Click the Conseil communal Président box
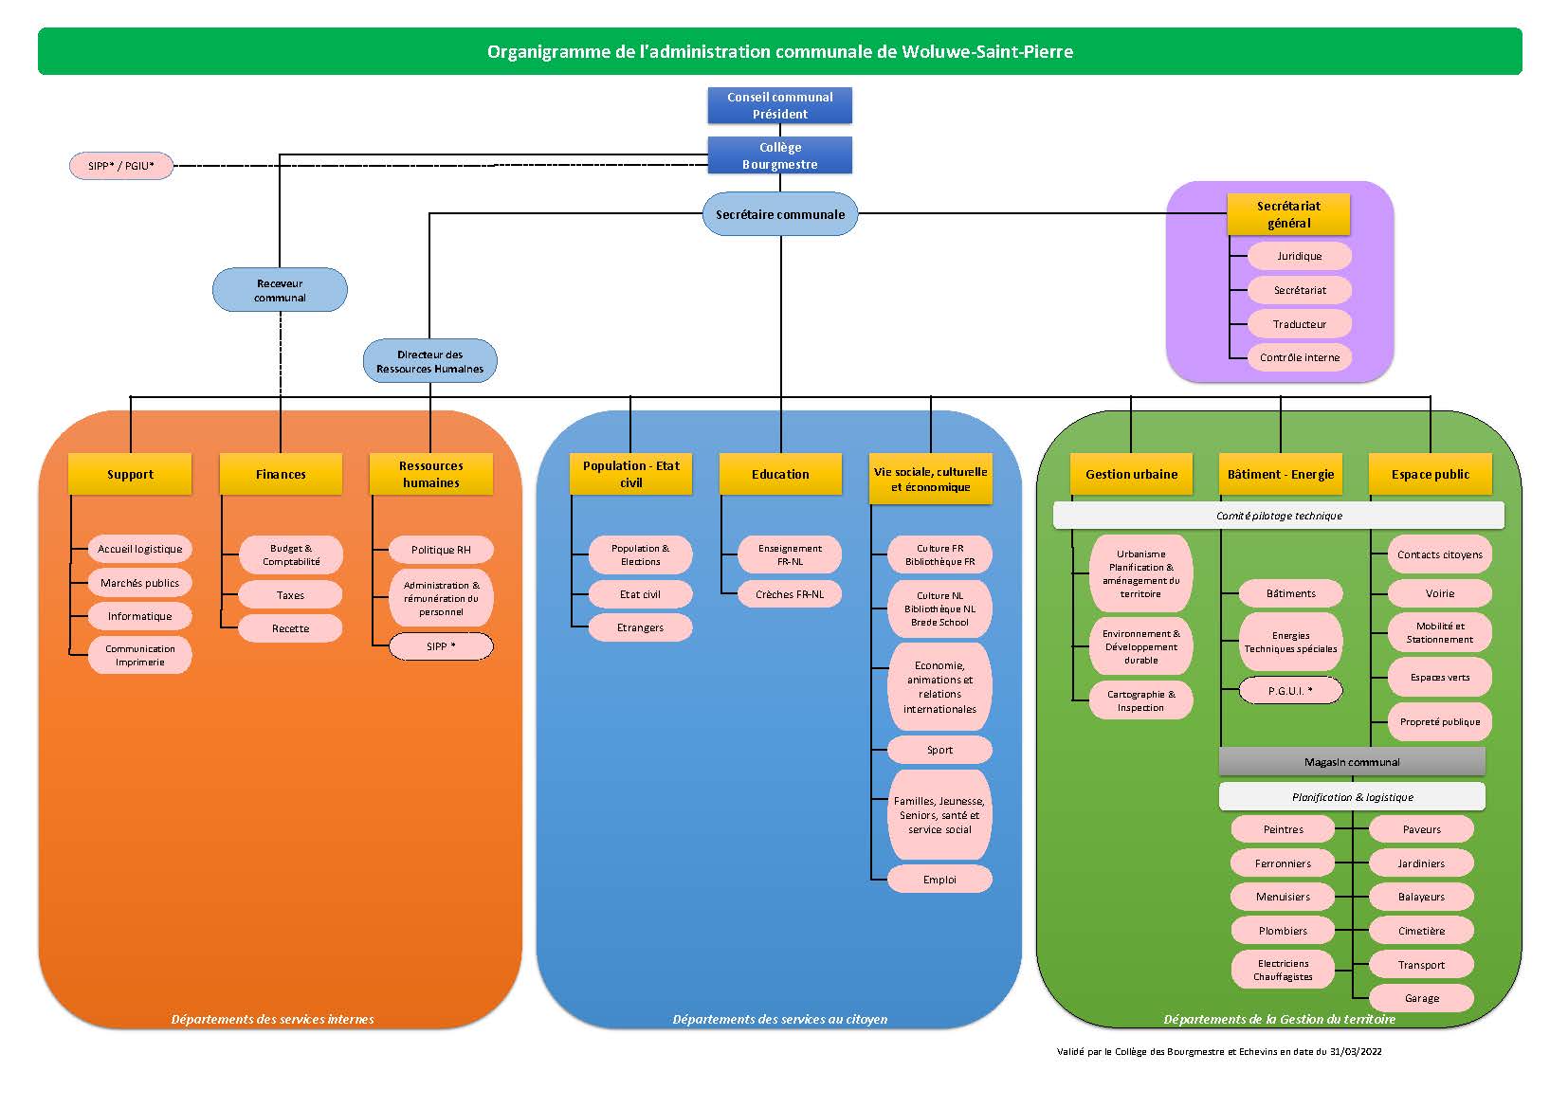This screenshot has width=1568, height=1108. [780, 106]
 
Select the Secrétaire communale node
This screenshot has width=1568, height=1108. [780, 214]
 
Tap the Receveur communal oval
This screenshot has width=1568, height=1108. [280, 290]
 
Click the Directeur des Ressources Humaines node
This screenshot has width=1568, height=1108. [429, 361]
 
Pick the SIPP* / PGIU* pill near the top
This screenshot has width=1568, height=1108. [121, 166]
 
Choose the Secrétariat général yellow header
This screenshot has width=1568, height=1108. [1288, 214]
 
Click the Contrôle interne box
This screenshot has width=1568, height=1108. [1300, 357]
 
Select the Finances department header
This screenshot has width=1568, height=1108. [281, 474]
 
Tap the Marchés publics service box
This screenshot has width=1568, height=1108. [140, 582]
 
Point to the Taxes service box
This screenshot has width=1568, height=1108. [290, 595]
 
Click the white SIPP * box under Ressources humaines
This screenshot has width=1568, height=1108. [441, 646]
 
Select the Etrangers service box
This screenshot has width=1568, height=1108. [641, 627]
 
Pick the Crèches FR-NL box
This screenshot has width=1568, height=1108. [790, 594]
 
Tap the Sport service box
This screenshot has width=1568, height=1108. [939, 750]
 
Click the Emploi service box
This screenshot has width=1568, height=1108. [939, 880]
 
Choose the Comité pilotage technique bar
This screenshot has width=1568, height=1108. [1279, 516]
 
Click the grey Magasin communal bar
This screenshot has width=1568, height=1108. [1352, 761]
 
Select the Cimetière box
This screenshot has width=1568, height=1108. [1422, 931]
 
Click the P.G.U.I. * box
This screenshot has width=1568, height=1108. [1291, 691]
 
